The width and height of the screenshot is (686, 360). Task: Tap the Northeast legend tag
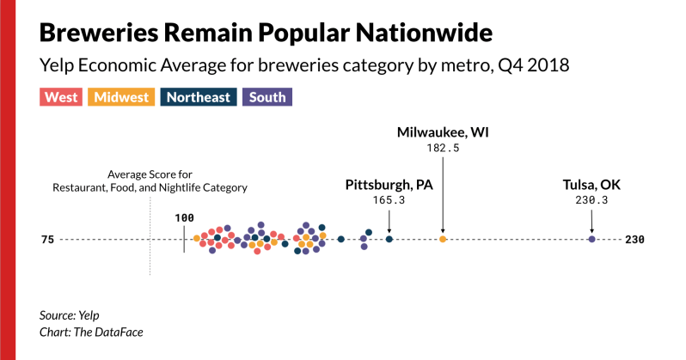click(199, 97)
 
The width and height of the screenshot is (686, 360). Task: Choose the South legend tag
click(267, 97)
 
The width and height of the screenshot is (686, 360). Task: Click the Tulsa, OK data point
click(591, 239)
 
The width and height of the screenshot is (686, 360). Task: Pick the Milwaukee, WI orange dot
click(443, 239)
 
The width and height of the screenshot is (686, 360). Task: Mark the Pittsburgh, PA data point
click(389, 239)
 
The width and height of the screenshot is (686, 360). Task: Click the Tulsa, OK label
click(591, 185)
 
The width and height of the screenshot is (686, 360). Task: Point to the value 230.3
click(591, 201)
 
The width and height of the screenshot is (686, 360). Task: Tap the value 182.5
click(443, 148)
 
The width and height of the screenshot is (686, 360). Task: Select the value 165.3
click(388, 201)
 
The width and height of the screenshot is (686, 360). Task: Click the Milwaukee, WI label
click(443, 132)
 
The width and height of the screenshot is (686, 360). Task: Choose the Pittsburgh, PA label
click(388, 185)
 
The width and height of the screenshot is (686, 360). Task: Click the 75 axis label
click(46, 240)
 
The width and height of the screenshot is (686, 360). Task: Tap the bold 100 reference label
click(184, 218)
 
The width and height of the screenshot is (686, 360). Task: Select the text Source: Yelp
click(70, 315)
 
